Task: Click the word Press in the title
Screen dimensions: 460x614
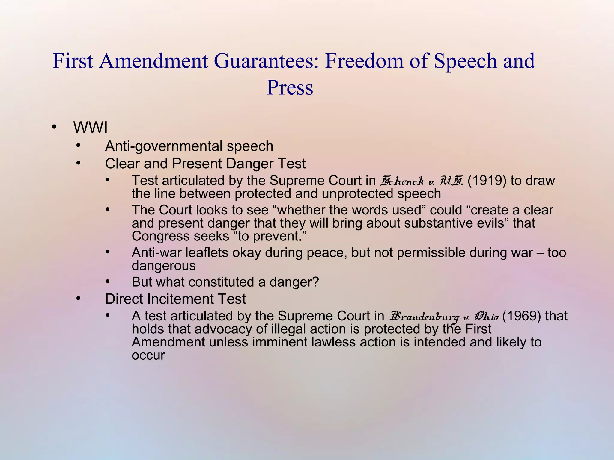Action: point(290,87)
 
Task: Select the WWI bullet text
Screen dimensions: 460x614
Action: point(90,128)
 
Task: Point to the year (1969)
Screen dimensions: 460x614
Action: point(521,316)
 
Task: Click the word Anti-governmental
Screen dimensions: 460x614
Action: point(164,146)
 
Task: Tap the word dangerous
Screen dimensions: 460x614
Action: point(164,266)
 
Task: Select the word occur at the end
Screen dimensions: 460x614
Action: point(148,355)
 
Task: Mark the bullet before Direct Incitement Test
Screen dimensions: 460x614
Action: point(79,299)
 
